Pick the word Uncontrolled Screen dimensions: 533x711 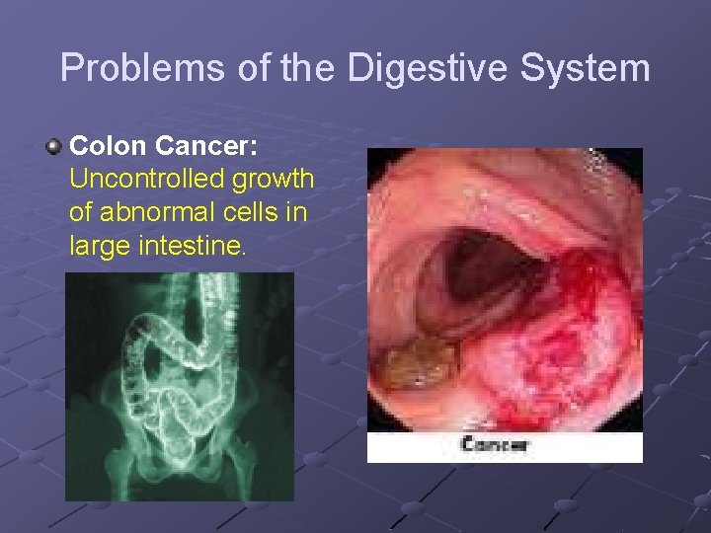(148, 180)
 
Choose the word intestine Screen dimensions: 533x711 (194, 245)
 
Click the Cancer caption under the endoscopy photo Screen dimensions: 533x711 (496, 444)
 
